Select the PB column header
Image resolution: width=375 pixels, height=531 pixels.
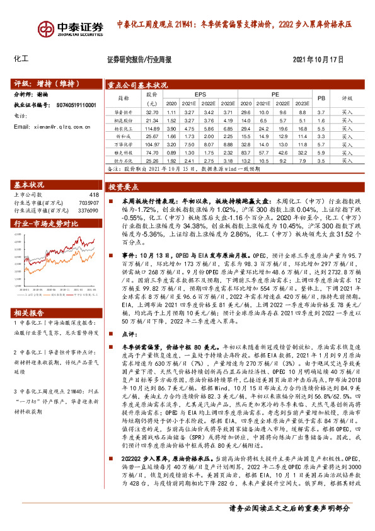click(x=321, y=98)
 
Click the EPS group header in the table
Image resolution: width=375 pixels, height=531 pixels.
click(x=201, y=94)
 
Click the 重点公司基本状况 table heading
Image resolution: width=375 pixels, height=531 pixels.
click(x=137, y=84)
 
